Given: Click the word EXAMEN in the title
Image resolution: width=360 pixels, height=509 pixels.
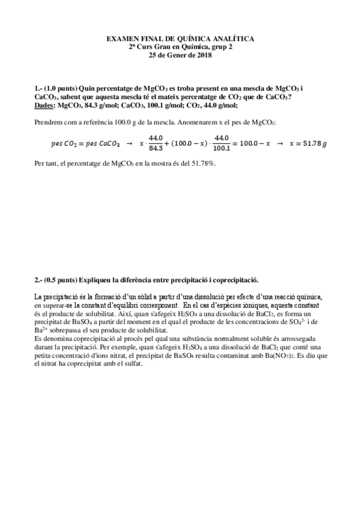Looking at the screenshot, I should coord(121,38).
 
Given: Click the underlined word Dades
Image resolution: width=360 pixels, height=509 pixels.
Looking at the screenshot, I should coord(43,105).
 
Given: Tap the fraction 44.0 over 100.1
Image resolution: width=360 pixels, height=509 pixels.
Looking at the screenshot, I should coord(222,143).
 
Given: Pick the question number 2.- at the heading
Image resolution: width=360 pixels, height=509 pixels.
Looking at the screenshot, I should coord(39,279).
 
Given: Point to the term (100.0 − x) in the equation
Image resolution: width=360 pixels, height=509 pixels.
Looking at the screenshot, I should coord(190,144).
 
